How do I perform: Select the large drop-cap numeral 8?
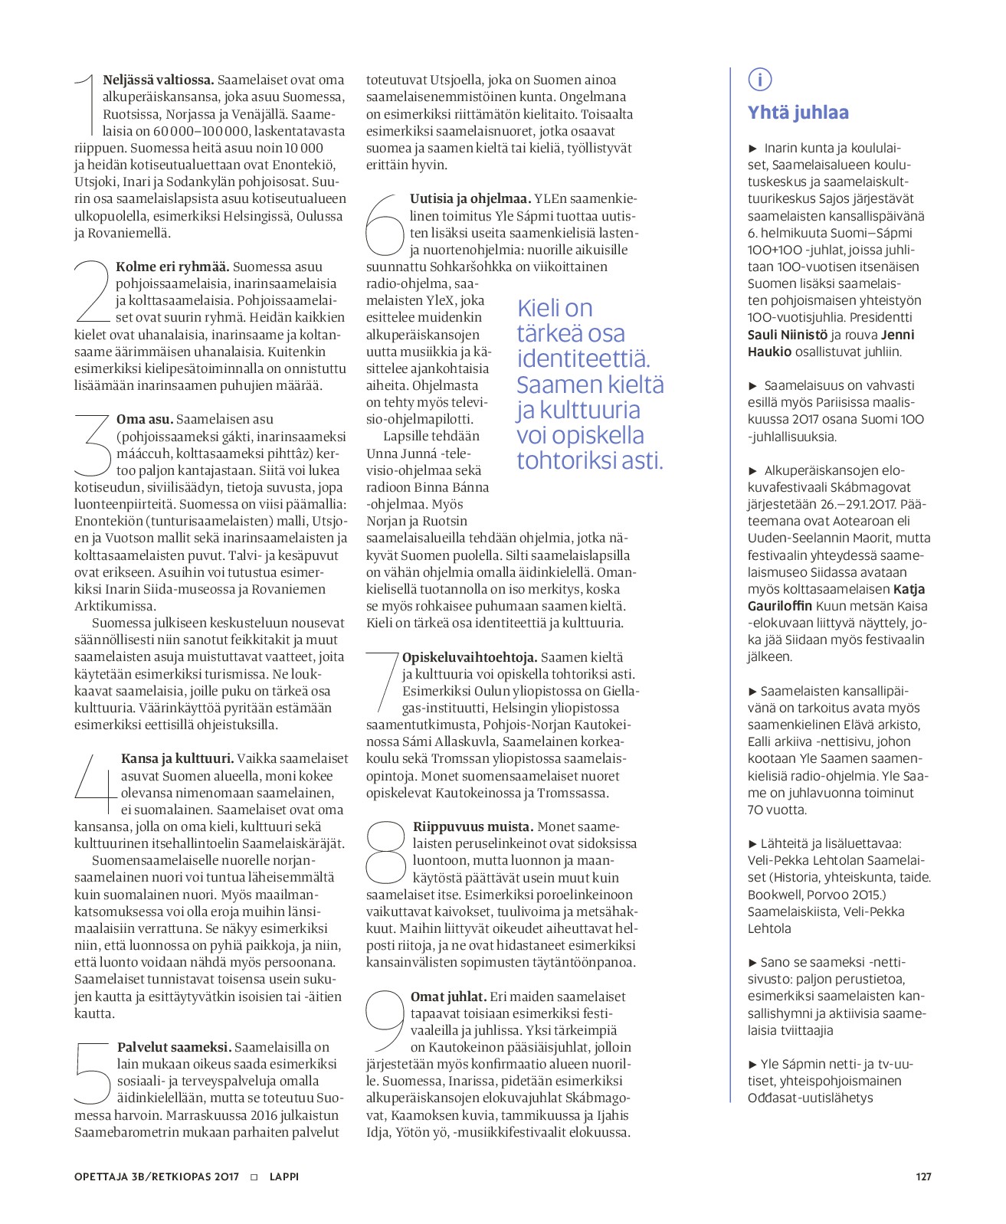tap(385, 853)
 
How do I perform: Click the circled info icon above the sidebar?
tap(759, 79)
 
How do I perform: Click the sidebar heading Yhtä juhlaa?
tap(798, 113)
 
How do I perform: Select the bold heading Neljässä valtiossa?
tap(158, 80)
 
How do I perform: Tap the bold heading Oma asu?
tap(144, 419)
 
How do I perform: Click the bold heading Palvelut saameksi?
tap(174, 1047)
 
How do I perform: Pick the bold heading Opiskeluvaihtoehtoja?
tap(469, 657)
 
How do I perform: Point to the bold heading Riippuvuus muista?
tap(473, 826)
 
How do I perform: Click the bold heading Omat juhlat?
tap(448, 997)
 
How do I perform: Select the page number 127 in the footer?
tap(923, 1177)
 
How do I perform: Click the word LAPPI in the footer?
tap(284, 1177)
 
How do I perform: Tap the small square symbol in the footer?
tap(254, 1177)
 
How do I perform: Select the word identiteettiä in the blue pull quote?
tap(583, 358)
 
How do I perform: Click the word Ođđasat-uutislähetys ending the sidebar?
tap(810, 1098)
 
